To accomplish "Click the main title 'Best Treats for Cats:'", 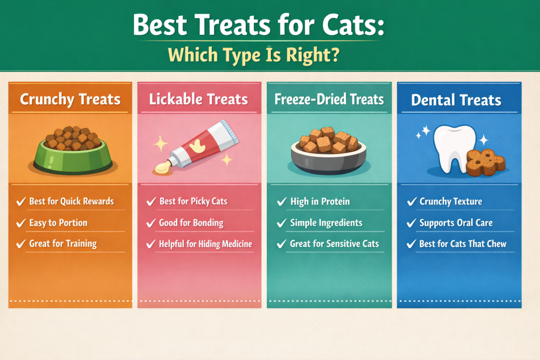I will (x=258, y=25).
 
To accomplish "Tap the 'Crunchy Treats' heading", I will (x=70, y=99).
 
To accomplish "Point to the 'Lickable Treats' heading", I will (x=199, y=99).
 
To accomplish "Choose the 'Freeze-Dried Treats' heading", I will (x=329, y=99).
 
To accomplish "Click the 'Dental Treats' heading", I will (x=456, y=100).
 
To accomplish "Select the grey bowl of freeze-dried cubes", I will (x=329, y=153).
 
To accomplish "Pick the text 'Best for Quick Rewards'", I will (x=71, y=201).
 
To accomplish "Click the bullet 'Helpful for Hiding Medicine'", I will (x=205, y=244).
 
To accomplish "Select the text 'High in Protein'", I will (x=320, y=201).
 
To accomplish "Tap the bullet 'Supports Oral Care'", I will (x=456, y=223).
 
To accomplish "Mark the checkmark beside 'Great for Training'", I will (x=21, y=244).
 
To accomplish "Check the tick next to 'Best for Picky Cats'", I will (x=150, y=201).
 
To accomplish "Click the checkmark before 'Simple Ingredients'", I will (x=281, y=223).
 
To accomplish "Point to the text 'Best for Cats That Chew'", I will (x=462, y=244).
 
